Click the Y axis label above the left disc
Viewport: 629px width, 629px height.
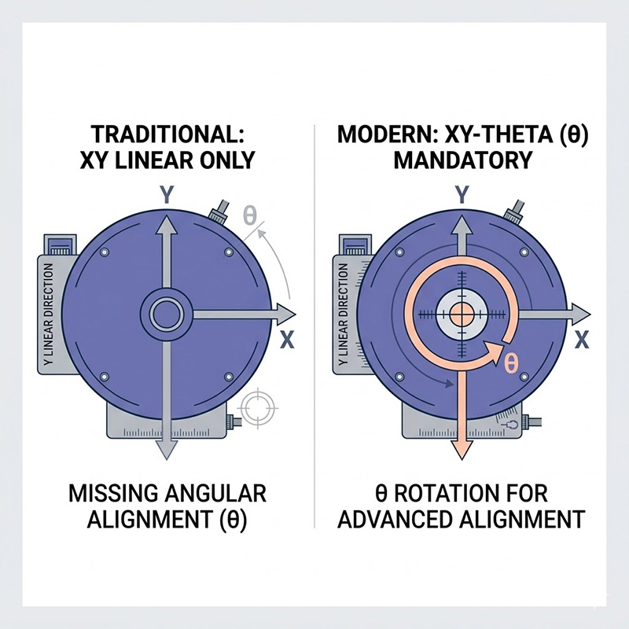coord(166,196)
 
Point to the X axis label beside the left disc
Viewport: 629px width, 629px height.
coord(287,341)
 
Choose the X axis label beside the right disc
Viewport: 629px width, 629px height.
coord(583,340)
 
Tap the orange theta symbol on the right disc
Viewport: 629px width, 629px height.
coord(510,363)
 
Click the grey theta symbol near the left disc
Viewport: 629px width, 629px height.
coord(250,215)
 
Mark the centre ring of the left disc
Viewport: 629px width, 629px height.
coord(166,314)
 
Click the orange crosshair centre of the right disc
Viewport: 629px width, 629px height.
coord(462,314)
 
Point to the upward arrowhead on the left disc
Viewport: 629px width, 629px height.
coord(166,225)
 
